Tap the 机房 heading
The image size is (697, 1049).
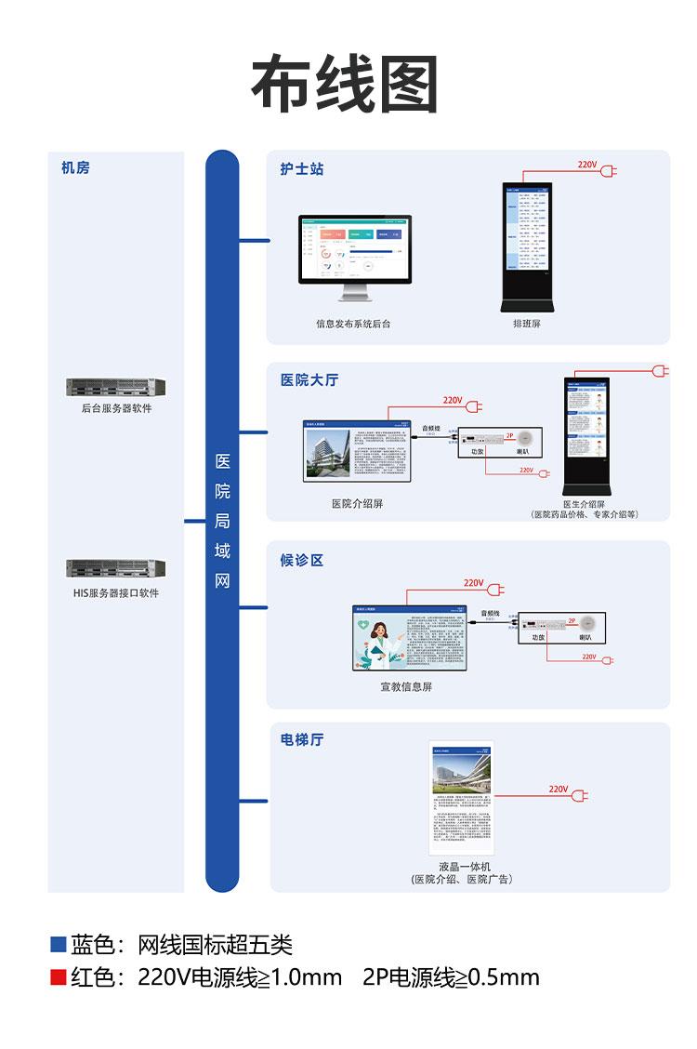(x=76, y=168)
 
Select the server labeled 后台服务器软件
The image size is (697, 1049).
(x=115, y=387)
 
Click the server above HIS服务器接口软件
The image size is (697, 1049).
(x=115, y=568)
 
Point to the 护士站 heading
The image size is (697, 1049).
(x=302, y=169)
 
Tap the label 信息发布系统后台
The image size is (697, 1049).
(x=353, y=325)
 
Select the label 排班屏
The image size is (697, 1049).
(x=526, y=325)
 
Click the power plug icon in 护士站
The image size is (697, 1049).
(x=609, y=171)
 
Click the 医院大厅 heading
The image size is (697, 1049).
(x=309, y=379)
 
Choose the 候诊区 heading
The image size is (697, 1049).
(x=302, y=560)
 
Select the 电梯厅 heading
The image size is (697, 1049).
(x=302, y=740)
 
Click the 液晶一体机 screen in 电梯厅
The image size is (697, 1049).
(x=462, y=798)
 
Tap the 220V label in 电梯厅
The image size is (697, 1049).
(x=558, y=789)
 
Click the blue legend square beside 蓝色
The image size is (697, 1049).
(x=59, y=945)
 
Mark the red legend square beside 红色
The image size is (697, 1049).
(x=59, y=977)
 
